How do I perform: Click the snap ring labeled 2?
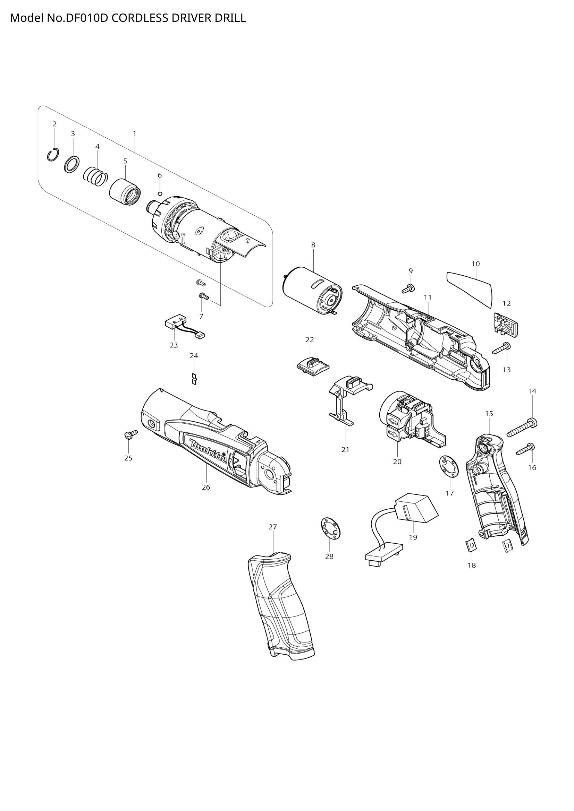[53, 155]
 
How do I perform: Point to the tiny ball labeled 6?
[160, 193]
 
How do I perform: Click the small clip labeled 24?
[194, 379]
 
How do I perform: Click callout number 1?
[134, 133]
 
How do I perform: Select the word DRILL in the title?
[230, 18]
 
